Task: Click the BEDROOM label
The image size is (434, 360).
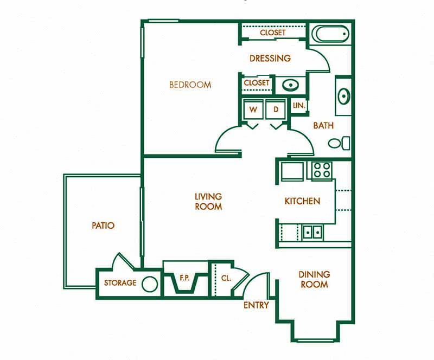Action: (x=190, y=85)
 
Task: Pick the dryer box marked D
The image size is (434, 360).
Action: (x=276, y=110)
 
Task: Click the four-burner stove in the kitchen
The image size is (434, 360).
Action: (x=321, y=170)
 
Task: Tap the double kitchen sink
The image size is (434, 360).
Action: (x=312, y=232)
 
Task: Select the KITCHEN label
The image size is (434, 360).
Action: (x=302, y=201)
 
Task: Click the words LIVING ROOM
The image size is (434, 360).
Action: (x=209, y=201)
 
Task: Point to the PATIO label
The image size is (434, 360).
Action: (x=103, y=225)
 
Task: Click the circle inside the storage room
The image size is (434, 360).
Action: (x=150, y=284)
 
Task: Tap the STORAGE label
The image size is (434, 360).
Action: (x=120, y=283)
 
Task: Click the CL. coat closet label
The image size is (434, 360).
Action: (x=226, y=278)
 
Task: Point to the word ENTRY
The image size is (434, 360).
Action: (x=256, y=305)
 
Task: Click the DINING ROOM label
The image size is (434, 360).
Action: (x=314, y=279)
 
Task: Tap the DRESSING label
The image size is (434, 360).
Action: (x=270, y=58)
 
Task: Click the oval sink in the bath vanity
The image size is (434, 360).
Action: (x=343, y=97)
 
